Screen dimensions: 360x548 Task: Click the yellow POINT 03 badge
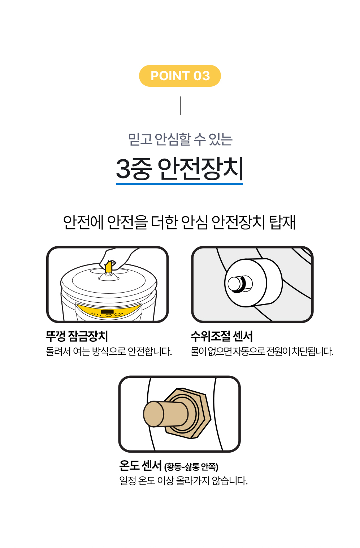(180, 76)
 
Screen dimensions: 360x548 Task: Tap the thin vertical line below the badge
(180, 106)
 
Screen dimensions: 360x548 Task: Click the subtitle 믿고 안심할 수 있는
(180, 139)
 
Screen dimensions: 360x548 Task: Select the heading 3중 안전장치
(179, 169)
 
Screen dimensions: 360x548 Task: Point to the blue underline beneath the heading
(179, 184)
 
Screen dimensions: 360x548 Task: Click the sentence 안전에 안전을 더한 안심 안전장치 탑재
(179, 222)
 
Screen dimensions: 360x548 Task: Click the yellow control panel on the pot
(109, 311)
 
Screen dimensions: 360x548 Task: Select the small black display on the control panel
(107, 312)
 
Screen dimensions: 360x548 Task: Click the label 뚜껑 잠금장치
(77, 336)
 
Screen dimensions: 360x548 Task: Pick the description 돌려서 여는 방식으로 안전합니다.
(109, 351)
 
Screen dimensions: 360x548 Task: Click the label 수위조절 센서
(222, 336)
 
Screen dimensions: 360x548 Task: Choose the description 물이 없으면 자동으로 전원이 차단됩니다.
(262, 351)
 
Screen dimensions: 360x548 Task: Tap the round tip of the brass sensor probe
(153, 414)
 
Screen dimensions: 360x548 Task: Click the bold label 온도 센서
(140, 466)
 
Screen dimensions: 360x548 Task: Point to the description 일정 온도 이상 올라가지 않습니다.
(183, 481)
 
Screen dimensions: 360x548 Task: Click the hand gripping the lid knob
(118, 259)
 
